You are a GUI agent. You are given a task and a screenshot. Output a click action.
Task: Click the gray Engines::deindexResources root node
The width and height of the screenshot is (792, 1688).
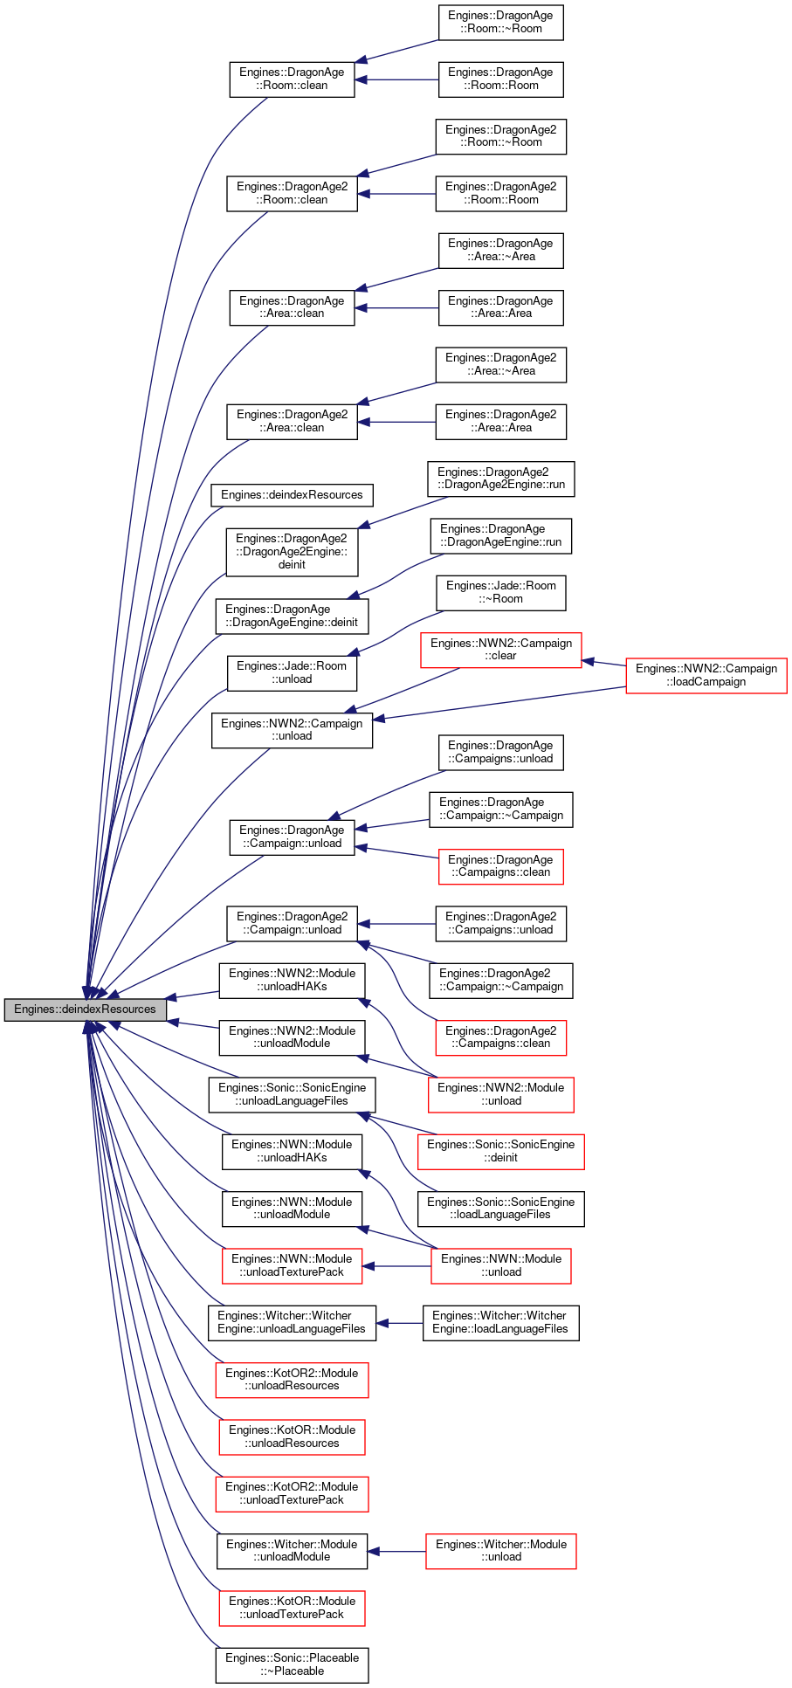pyautogui.click(x=85, y=1009)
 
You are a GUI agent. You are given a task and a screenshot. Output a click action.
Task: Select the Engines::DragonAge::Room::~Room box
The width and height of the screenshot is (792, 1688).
pyautogui.click(x=500, y=22)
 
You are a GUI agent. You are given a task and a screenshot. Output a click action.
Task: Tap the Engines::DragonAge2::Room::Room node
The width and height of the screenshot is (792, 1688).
pyautogui.click(x=500, y=193)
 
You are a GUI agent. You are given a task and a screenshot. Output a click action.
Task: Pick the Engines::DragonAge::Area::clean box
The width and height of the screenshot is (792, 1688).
pyautogui.click(x=292, y=307)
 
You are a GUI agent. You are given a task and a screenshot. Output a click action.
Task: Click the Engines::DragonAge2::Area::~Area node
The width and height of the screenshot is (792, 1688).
pyautogui.click(x=500, y=364)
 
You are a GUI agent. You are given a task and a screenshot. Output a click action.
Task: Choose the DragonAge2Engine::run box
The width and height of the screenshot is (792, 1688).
pyautogui.click(x=500, y=479)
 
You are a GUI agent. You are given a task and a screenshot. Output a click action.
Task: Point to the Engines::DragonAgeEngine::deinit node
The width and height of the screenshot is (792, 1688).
pyautogui.click(x=292, y=616)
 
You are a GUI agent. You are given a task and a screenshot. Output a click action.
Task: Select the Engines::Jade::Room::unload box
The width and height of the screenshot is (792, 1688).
pyautogui.click(x=292, y=672)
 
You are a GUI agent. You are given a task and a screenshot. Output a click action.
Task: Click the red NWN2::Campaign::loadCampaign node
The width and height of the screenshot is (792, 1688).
pyautogui.click(x=706, y=675)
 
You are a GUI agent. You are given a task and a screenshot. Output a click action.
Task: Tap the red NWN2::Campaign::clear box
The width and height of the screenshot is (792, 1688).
pyautogui.click(x=500, y=650)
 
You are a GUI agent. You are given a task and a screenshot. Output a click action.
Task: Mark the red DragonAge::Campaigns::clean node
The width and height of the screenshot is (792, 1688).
pyautogui.click(x=500, y=866)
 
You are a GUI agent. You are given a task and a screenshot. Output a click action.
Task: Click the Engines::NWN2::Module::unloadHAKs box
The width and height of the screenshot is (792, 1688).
pyautogui.click(x=292, y=980)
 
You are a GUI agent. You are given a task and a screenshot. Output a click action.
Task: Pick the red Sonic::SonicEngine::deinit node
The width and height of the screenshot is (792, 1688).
pyautogui.click(x=500, y=1151)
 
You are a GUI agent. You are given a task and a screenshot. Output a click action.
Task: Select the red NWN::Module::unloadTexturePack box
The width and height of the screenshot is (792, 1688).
pyautogui.click(x=292, y=1265)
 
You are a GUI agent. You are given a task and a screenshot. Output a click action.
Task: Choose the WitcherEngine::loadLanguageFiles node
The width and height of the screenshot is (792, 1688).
pyautogui.click(x=500, y=1322)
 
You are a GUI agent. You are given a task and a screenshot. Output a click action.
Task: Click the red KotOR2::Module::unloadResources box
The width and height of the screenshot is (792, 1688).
pyautogui.click(x=292, y=1380)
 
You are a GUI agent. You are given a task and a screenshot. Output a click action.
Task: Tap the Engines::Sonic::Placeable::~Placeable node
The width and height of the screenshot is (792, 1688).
pyautogui.click(x=292, y=1664)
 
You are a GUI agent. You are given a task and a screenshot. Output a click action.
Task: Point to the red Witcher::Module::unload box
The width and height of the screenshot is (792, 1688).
pyautogui.click(x=500, y=1551)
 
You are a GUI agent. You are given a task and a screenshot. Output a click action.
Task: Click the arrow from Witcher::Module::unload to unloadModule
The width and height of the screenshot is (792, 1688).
pyautogui.click(x=396, y=1551)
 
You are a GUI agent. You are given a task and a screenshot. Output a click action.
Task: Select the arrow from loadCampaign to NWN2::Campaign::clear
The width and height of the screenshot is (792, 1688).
pyautogui.click(x=603, y=664)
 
